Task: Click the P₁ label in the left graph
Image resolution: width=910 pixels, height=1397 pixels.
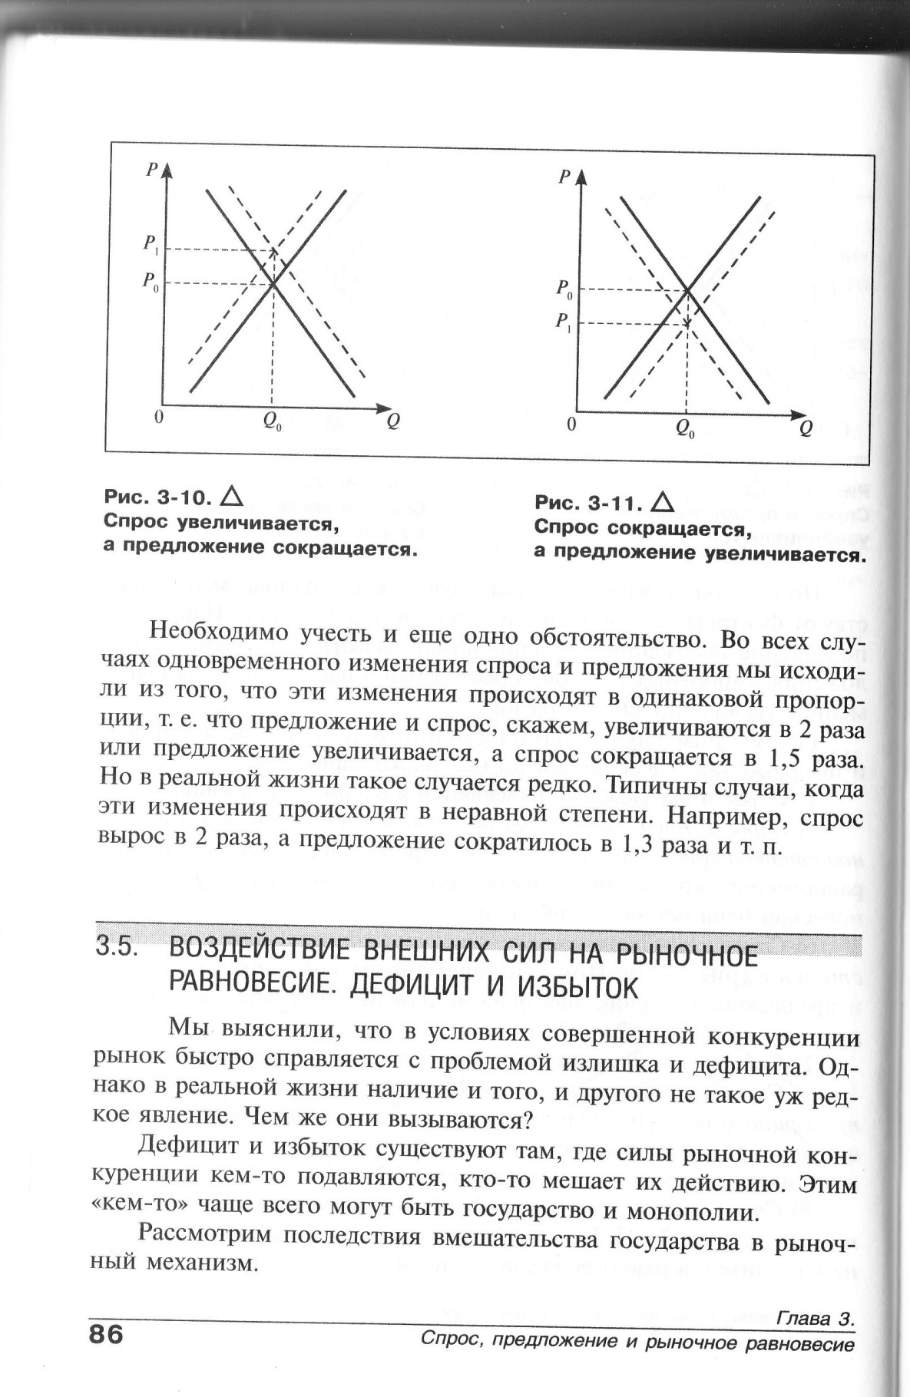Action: tap(149, 245)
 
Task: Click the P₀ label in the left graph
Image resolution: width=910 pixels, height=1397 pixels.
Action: tap(149, 280)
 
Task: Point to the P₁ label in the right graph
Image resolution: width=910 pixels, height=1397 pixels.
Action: tap(564, 322)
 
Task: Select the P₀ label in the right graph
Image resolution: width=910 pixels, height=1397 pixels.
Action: tap(564, 289)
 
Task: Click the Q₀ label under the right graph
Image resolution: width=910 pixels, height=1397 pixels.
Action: tap(685, 429)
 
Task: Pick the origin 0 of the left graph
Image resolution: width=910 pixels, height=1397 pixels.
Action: tap(158, 418)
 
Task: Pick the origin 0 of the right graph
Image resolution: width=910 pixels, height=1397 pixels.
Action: tap(571, 424)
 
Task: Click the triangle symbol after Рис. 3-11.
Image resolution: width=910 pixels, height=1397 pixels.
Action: tap(661, 503)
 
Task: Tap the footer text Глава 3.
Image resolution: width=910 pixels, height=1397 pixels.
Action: tap(816, 1319)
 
